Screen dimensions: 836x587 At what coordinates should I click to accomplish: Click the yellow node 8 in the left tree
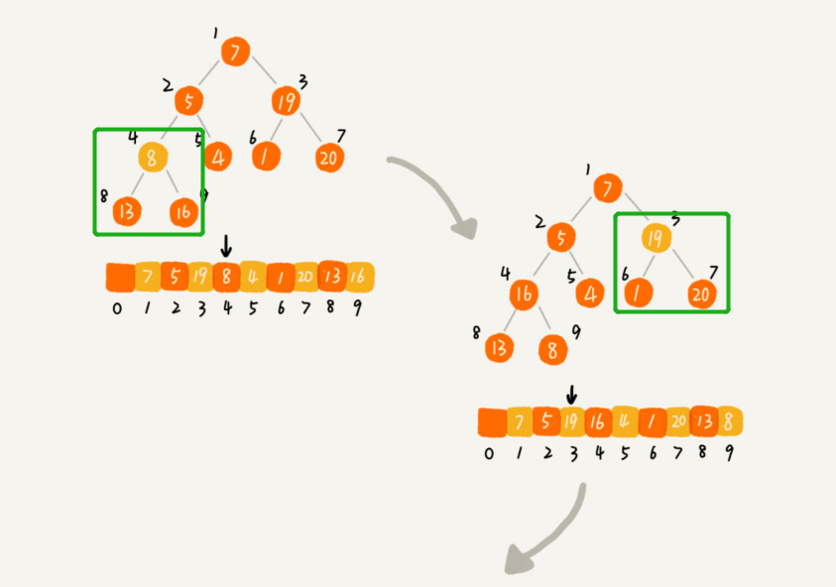click(152, 157)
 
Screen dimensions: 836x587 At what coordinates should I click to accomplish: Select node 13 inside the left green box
click(127, 210)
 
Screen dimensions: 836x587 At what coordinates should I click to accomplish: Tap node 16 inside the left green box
click(182, 210)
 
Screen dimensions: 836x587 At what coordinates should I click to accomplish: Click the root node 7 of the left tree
click(234, 53)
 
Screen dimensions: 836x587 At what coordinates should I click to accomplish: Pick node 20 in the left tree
click(330, 156)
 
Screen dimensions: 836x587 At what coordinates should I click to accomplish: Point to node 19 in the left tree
click(286, 101)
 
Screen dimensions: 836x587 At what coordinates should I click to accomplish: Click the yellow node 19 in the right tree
click(655, 239)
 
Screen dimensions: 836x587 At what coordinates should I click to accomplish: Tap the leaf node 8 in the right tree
click(554, 349)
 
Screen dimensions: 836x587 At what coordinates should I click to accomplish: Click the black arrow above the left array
click(226, 245)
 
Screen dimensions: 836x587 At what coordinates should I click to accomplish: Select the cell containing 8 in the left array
click(226, 277)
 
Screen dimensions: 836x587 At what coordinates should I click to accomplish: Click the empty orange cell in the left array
click(119, 277)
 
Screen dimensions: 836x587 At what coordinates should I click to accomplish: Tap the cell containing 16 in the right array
click(598, 422)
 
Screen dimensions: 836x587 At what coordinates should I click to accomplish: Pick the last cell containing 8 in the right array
click(730, 422)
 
